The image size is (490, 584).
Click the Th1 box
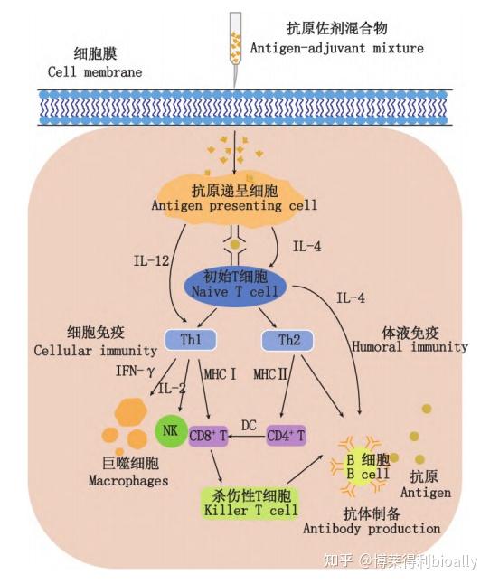(190, 340)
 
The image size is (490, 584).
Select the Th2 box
(287, 340)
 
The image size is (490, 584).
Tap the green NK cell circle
(171, 431)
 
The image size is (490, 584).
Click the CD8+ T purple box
(209, 436)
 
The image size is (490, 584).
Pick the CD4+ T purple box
(287, 436)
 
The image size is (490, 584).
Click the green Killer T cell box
(251, 503)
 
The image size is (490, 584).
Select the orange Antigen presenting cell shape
(234, 199)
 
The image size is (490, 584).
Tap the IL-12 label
(151, 260)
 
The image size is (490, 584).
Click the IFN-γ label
(135, 371)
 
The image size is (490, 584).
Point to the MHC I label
(220, 374)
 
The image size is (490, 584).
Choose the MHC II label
(270, 374)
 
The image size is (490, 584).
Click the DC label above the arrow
(249, 425)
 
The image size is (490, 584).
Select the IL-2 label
(172, 389)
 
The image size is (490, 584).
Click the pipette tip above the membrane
(234, 87)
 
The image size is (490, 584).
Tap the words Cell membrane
(95, 72)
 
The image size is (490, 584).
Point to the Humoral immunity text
(410, 347)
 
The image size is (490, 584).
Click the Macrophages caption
(128, 480)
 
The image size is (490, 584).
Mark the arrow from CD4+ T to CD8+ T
(247, 436)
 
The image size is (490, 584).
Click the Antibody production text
(372, 529)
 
